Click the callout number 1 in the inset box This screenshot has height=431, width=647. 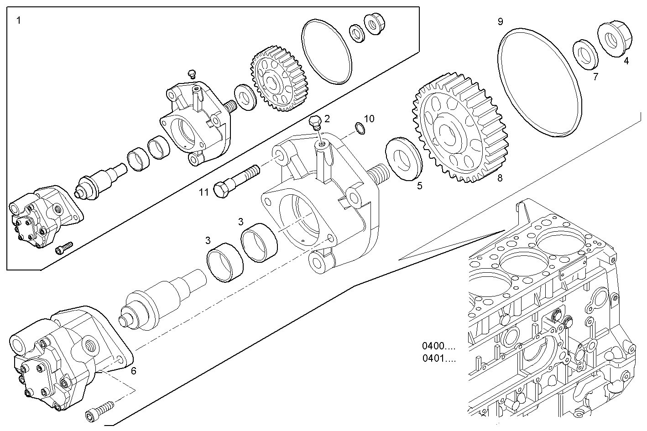(18, 21)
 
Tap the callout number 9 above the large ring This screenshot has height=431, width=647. (501, 21)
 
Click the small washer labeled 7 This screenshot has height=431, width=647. (586, 53)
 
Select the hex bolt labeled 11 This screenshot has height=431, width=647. (235, 182)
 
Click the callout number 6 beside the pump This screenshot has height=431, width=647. (133, 371)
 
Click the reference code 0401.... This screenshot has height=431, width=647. (438, 358)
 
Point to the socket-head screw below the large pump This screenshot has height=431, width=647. (99, 409)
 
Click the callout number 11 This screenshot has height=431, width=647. (203, 192)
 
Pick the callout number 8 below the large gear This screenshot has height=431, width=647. (500, 178)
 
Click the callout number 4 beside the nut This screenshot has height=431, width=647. (626, 61)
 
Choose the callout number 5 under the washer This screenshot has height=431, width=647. (419, 186)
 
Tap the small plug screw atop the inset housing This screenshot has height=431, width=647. (192, 73)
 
